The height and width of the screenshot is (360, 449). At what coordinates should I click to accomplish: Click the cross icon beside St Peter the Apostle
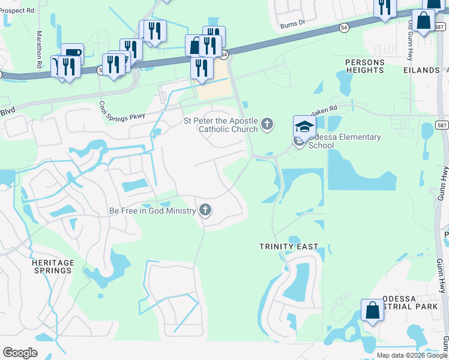pyautogui.click(x=267, y=125)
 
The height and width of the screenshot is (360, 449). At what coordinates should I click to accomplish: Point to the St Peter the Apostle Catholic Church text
pyautogui.click(x=220, y=125)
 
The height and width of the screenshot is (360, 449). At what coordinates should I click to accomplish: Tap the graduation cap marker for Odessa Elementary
pyautogui.click(x=304, y=126)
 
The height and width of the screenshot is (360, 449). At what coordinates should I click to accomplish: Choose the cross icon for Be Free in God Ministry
pyautogui.click(x=205, y=209)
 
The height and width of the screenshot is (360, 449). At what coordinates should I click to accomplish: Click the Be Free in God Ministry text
pyautogui.click(x=152, y=211)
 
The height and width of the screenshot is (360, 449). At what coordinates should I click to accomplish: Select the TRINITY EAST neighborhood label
pyautogui.click(x=289, y=247)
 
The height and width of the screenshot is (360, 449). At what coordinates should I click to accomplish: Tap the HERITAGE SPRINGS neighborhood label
pyautogui.click(x=53, y=266)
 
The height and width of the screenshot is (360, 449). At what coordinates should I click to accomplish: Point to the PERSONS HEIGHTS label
pyautogui.click(x=364, y=66)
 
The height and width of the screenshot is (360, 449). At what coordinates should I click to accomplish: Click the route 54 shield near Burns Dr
pyautogui.click(x=343, y=28)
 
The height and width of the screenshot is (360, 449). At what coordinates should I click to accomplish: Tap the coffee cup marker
pyautogui.click(x=72, y=53)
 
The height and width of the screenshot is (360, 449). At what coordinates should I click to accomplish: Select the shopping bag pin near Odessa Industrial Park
pyautogui.click(x=372, y=311)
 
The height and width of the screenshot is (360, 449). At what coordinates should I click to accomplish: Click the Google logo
pyautogui.click(x=20, y=353)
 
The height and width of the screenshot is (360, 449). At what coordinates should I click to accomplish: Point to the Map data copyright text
pyautogui.click(x=412, y=355)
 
